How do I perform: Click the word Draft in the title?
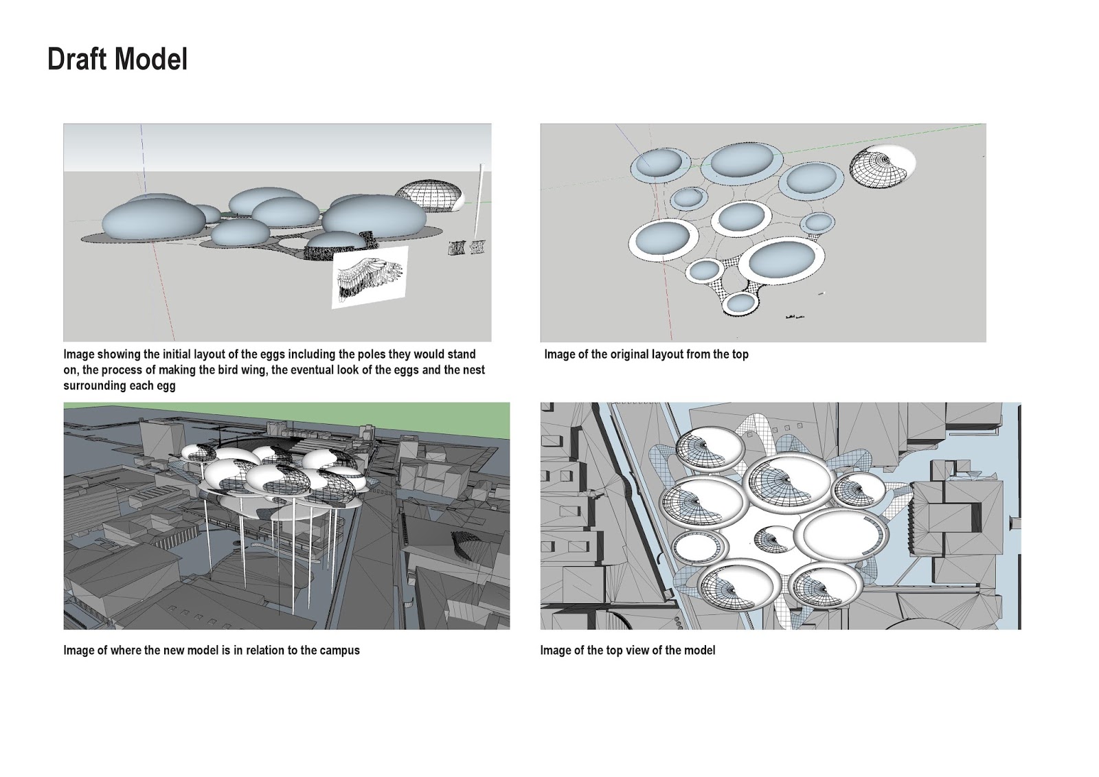[x=78, y=59]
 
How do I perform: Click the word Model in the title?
[x=151, y=59]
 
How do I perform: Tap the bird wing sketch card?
[x=370, y=278]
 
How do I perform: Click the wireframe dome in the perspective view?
[x=429, y=196]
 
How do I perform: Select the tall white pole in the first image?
[x=479, y=202]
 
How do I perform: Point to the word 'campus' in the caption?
[x=340, y=651]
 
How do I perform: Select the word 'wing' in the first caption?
[x=255, y=370]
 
